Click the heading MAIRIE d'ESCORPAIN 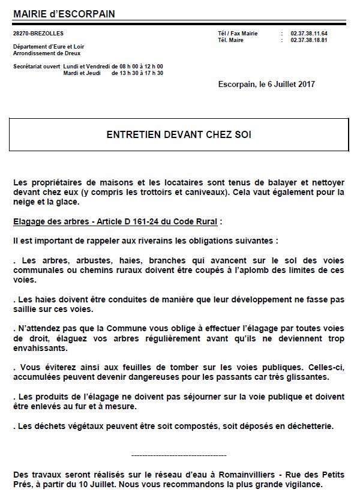click(x=64, y=14)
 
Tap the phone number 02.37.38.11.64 click(x=309, y=34)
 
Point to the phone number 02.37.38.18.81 click(x=309, y=40)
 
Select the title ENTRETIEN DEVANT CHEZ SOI click(x=179, y=134)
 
